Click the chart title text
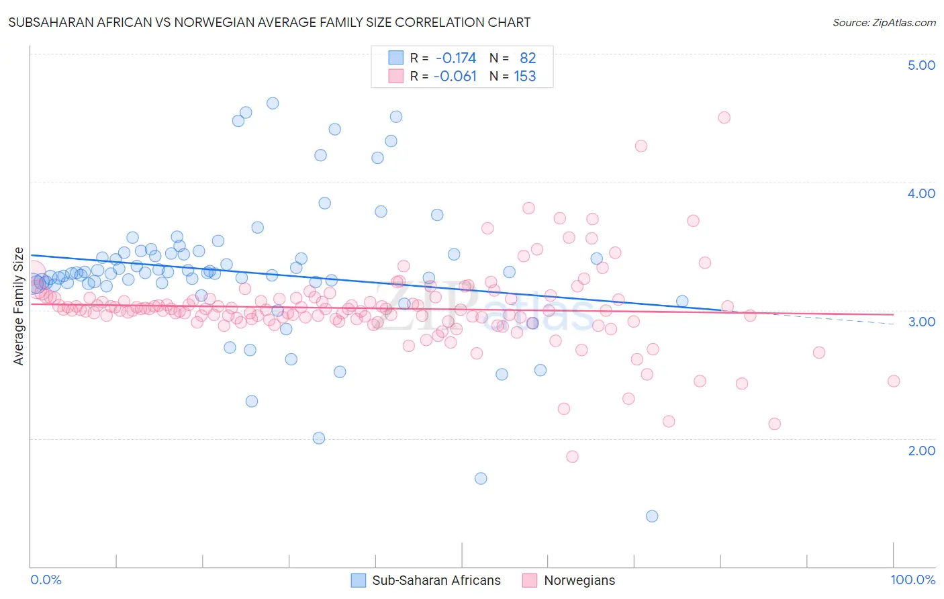[x=269, y=23]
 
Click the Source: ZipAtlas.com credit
[x=884, y=23]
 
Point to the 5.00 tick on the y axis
[x=921, y=65]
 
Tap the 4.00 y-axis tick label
[x=921, y=193]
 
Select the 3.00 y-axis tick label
[x=921, y=322]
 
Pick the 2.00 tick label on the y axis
[x=921, y=451]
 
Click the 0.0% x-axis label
[x=46, y=580]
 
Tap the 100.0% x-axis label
[x=912, y=580]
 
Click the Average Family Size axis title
[x=19, y=306]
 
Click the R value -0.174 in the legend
[x=455, y=58]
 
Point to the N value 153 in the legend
[x=524, y=77]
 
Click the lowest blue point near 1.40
[x=652, y=516]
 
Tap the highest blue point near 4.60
[x=273, y=103]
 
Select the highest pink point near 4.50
[x=724, y=118]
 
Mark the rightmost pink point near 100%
[x=893, y=381]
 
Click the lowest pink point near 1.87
[x=572, y=457]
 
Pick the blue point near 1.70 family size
[x=481, y=478]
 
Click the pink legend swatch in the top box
[x=396, y=77]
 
